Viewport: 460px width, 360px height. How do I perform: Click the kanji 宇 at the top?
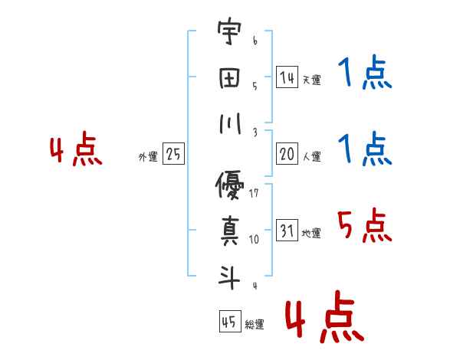[228, 34]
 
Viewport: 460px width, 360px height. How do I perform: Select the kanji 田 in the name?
[228, 79]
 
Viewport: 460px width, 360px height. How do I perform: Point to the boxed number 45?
[229, 322]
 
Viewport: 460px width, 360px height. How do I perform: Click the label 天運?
[310, 80]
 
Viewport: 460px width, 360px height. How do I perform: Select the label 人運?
[311, 157]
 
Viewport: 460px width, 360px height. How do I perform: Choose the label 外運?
[148, 157]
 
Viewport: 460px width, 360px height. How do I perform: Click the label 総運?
[254, 325]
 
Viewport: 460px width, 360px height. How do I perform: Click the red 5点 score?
[364, 227]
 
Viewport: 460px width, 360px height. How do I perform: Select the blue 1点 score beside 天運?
[364, 74]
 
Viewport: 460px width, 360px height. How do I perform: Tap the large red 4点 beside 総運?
[323, 319]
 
